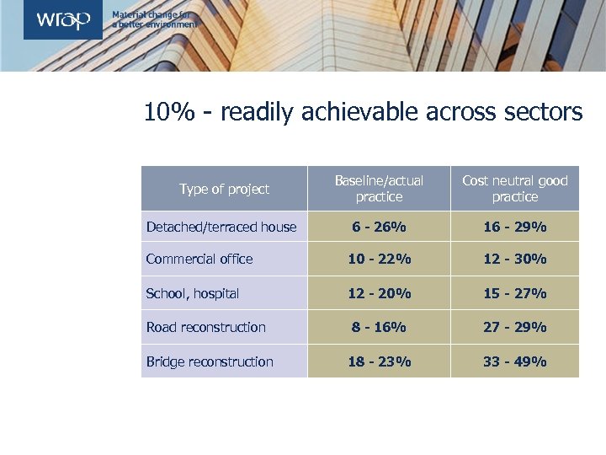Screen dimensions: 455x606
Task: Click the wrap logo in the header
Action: tap(62, 20)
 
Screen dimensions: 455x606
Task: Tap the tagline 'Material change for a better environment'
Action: tap(154, 20)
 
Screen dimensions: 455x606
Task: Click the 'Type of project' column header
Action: tap(224, 189)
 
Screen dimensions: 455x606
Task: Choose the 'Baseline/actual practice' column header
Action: tap(379, 189)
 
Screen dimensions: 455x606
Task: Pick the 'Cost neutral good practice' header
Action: tap(514, 189)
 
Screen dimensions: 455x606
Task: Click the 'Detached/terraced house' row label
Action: tap(221, 227)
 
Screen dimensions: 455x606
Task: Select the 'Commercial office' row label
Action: tap(199, 259)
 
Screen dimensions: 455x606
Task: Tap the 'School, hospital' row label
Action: tap(193, 293)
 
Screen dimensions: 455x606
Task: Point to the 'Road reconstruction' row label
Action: tap(205, 327)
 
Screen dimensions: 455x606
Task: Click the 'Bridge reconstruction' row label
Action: tap(210, 361)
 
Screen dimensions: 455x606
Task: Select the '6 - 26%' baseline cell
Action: tap(379, 227)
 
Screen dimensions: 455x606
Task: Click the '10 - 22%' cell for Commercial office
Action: tap(379, 259)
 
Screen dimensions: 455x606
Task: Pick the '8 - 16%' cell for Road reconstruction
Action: tap(379, 327)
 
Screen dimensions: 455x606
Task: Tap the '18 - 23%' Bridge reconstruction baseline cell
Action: tap(379, 361)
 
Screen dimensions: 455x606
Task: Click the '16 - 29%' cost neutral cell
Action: tap(514, 227)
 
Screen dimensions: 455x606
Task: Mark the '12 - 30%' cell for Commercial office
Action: tap(514, 259)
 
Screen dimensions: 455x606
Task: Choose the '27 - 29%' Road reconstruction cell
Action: tap(514, 327)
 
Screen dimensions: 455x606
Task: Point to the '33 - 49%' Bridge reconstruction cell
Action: tap(514, 361)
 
